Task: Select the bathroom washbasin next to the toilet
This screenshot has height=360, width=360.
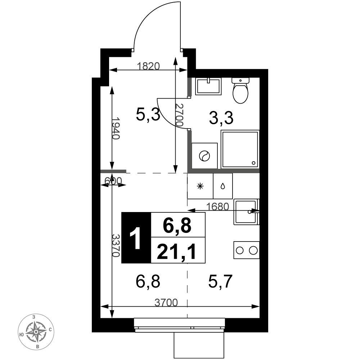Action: pos(208,86)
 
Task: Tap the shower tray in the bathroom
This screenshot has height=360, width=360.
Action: pos(240,149)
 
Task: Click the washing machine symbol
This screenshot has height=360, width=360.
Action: pos(204,156)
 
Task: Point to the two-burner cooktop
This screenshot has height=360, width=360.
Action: pos(247,250)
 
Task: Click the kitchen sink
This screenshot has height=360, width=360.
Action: pos(247,212)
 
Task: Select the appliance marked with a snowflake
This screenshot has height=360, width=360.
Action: pos(200,186)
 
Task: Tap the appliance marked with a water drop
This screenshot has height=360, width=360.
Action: pos(223,186)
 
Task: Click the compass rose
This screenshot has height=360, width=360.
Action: pos(36,332)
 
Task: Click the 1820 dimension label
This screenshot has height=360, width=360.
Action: pos(148,66)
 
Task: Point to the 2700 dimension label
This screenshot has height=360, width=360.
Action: pos(179,115)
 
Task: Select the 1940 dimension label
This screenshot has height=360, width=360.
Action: pos(116,129)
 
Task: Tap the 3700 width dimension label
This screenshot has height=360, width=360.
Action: pos(166,303)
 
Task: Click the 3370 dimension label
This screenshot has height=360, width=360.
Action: pos(116,246)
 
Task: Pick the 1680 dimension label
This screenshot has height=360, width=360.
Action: pos(218,207)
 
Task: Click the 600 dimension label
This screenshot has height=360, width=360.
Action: pos(113,181)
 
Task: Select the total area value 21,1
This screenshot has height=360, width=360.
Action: pos(177,251)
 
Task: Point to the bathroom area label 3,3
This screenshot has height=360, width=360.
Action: pos(221,118)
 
